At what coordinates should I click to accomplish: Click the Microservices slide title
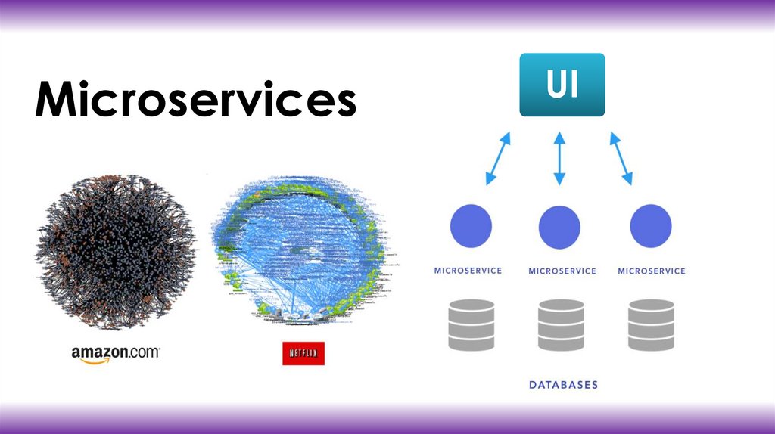tap(195, 100)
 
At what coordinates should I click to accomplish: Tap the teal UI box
tap(562, 85)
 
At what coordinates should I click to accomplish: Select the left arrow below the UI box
tap(498, 159)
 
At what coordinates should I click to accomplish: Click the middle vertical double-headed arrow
tap(560, 159)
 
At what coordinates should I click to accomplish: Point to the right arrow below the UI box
tap(621, 159)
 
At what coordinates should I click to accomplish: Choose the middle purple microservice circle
tap(560, 226)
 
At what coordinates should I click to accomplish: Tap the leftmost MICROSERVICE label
tap(468, 270)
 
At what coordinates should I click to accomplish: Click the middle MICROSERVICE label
tap(562, 271)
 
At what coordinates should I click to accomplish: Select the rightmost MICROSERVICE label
tap(651, 271)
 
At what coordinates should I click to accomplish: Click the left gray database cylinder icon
tap(471, 324)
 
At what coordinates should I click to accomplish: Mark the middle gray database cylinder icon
tap(561, 324)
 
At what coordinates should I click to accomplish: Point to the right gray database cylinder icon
tap(651, 324)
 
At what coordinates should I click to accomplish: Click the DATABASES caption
tap(562, 385)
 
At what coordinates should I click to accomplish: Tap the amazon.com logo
tap(116, 354)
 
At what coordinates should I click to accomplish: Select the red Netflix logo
tap(303, 353)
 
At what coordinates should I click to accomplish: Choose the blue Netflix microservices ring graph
tap(303, 249)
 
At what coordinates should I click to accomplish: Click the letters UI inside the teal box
tap(562, 84)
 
